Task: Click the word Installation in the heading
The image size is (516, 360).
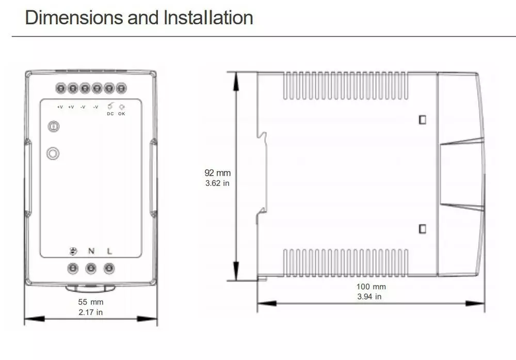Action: point(208,18)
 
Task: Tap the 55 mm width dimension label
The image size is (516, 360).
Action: point(91,302)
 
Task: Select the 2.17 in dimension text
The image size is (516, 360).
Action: point(90,312)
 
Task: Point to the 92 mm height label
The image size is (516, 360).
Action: point(218,173)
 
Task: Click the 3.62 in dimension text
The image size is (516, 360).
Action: point(217,183)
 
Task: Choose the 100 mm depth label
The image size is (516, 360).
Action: point(371,287)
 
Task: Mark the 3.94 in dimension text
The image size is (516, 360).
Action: point(369,296)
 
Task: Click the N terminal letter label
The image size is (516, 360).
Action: point(91,251)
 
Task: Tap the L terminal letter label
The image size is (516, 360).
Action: point(109,251)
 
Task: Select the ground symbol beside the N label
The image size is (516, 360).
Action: point(73,252)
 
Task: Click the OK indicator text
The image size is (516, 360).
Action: point(122,114)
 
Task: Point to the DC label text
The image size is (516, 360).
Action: point(110,114)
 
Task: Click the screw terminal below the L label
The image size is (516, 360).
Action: point(109,269)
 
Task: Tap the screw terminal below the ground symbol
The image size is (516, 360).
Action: point(73,269)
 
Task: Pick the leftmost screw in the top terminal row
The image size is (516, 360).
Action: point(61,88)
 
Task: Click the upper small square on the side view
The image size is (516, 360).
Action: point(423,119)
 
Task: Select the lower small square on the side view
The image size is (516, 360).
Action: point(423,229)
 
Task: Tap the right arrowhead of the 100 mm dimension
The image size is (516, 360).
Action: point(475,303)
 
